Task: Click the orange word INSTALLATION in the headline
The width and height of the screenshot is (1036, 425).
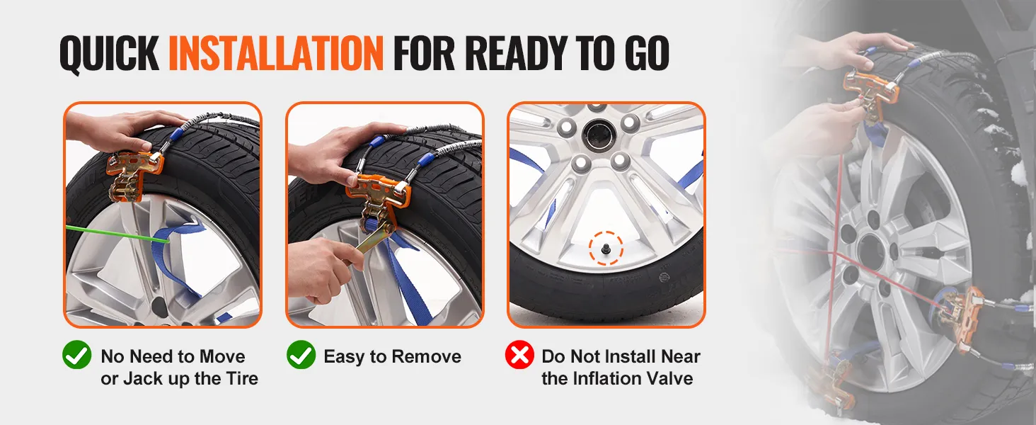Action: [276, 53]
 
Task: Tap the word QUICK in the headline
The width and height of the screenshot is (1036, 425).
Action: [110, 54]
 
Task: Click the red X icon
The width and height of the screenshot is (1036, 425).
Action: [519, 355]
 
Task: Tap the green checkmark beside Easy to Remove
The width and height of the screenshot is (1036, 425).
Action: [301, 355]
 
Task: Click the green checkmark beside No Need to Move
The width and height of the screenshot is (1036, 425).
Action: [76, 355]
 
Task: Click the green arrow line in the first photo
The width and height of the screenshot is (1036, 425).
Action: [117, 234]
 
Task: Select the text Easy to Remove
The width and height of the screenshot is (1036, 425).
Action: [392, 356]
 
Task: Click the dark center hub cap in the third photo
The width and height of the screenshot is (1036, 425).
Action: [598, 134]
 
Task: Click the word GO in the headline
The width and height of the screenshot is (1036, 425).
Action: [647, 53]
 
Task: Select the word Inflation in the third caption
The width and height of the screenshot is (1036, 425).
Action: [602, 378]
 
